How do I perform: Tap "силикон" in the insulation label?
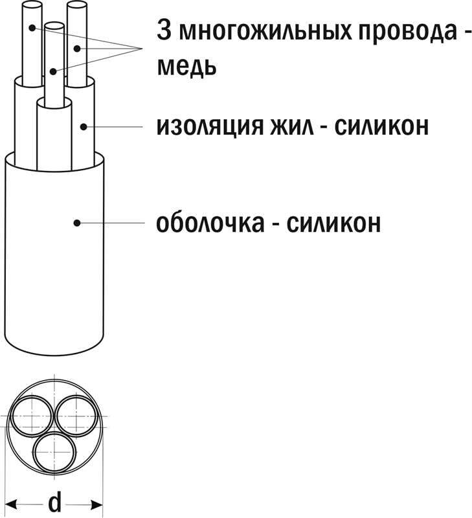382,126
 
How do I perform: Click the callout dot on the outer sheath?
76,223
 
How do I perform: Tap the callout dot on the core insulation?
83,126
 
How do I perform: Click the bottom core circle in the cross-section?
55,450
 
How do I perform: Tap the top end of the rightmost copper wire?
77,6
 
